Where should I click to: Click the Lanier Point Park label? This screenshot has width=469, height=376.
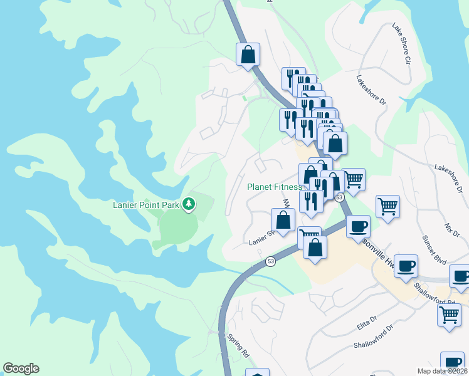point(146,204)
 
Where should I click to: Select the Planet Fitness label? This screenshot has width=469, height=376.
point(274,187)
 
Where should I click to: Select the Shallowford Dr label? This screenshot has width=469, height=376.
point(372,337)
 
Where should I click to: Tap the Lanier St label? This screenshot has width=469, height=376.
point(261,238)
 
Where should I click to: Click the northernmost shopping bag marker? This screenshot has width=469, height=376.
point(248,54)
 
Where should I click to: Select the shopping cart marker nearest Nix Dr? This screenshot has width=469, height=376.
point(387,206)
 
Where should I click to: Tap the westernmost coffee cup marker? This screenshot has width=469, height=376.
point(358,226)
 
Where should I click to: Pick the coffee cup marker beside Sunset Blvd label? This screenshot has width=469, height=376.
point(406,265)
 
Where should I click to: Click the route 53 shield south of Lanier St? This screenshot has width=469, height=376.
point(270,261)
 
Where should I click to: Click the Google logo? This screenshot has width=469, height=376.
point(21,368)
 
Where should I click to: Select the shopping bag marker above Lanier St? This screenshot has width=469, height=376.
point(283,220)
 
